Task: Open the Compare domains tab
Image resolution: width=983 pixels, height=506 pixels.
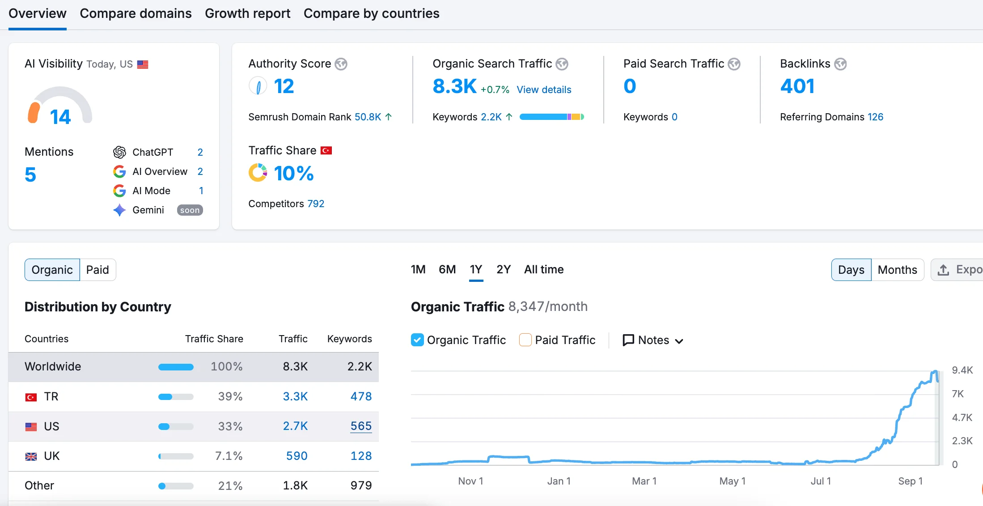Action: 136,14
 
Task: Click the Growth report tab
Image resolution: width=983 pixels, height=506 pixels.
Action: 247,14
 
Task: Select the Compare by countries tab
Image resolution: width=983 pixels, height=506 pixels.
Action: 371,14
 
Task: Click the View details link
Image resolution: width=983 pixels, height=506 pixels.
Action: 544,90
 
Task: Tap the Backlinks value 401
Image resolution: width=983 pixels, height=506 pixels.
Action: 797,86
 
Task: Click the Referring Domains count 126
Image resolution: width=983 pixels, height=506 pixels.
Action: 875,117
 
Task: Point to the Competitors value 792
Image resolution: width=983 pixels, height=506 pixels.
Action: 316,204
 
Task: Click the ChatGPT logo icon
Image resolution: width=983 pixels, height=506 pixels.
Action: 119,153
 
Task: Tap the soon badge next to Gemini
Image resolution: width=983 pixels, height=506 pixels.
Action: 190,210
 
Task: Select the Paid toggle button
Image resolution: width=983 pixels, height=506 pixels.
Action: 97,270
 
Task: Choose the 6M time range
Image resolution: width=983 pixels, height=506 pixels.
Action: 447,270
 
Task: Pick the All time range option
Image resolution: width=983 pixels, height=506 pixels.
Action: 543,270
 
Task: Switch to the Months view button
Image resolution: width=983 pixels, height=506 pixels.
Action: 897,270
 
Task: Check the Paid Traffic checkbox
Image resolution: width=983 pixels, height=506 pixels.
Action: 525,340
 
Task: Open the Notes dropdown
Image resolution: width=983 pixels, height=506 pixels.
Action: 653,340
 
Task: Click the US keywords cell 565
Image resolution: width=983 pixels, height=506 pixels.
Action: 361,426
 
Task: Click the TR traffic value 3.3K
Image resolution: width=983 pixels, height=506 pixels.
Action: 295,397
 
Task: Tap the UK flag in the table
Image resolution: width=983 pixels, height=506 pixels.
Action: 31,457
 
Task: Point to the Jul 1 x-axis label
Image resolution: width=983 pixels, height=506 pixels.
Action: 821,481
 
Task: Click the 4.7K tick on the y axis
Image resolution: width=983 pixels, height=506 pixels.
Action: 962,418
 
